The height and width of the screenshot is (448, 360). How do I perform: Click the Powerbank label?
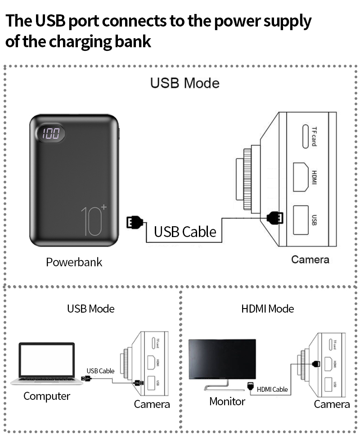pyautogui.click(x=74, y=262)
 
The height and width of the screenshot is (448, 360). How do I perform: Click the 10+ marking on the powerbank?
pyautogui.click(x=94, y=220)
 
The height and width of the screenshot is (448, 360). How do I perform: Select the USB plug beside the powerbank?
pyautogui.click(x=135, y=222)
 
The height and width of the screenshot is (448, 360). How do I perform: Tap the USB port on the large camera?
pyautogui.click(x=301, y=220)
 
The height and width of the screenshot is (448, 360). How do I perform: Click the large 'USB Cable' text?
pyautogui.click(x=185, y=232)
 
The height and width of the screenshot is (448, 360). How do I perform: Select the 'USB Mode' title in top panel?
pyautogui.click(x=184, y=83)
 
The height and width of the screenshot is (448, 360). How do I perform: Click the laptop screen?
pyautogui.click(x=47, y=361)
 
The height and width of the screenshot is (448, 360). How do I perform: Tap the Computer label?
pyautogui.click(x=47, y=396)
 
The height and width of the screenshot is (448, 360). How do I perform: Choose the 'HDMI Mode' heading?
pyautogui.click(x=267, y=309)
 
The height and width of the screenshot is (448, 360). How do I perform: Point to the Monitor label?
pyautogui.click(x=227, y=401)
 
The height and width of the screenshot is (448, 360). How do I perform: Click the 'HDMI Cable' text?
pyautogui.click(x=272, y=389)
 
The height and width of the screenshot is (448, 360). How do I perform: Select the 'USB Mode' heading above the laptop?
pyautogui.click(x=90, y=309)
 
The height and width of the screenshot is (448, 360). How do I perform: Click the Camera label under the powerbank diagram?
pyautogui.click(x=310, y=260)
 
